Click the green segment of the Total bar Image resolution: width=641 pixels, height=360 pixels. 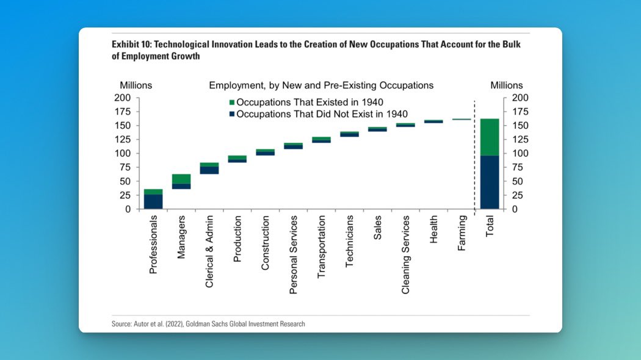(x=490, y=137)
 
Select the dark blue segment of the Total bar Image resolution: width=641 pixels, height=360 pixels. (x=490, y=182)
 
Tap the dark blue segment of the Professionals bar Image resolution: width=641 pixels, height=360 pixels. (x=153, y=201)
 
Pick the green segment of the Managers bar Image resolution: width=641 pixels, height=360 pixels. (x=181, y=179)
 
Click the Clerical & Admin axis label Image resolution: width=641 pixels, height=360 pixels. (x=209, y=250)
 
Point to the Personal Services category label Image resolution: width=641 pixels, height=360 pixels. (x=294, y=254)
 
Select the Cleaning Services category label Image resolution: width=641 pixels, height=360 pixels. (x=406, y=254)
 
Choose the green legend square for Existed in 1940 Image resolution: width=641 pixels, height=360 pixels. (x=231, y=102)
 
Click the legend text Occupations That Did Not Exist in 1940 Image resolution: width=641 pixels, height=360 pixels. (x=322, y=113)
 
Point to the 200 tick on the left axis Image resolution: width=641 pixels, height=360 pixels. (x=123, y=98)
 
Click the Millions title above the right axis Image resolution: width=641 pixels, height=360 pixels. (x=506, y=85)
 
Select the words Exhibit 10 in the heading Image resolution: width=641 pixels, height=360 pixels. (x=129, y=45)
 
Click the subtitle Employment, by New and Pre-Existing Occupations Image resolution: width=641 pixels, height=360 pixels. (x=321, y=85)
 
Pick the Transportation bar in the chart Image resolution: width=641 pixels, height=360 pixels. (x=321, y=140)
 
